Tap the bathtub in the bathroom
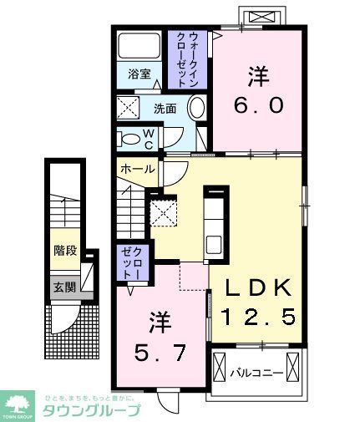tap(139, 45)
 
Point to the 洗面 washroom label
tap(163, 108)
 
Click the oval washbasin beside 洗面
tap(198, 108)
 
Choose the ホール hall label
tap(137, 169)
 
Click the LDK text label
tap(258, 289)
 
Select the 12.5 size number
tap(258, 318)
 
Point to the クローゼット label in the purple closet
tap(132, 263)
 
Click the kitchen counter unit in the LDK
tap(213, 221)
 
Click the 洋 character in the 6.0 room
tap(257, 77)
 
